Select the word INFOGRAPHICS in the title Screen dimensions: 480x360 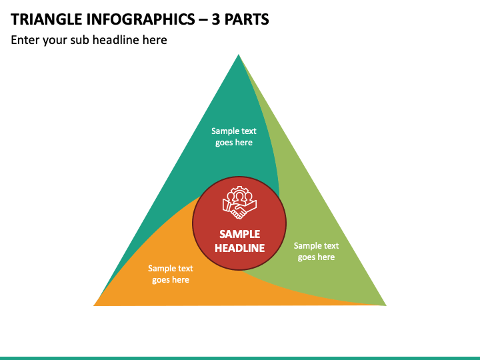coord(141,19)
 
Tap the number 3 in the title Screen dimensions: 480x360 coord(216,19)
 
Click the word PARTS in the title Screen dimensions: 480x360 coord(247,19)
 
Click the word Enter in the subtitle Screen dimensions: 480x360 coord(25,40)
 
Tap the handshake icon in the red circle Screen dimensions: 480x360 coord(240,203)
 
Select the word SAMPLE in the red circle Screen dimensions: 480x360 coord(240,234)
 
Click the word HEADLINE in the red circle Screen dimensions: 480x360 coord(240,248)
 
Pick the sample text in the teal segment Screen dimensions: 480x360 coord(234,137)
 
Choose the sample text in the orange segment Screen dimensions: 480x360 coord(171,274)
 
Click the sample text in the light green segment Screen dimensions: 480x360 coord(316,251)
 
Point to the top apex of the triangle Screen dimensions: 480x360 coord(239,55)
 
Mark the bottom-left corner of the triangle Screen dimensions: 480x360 coord(94,305)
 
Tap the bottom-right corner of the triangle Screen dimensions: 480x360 coord(386,305)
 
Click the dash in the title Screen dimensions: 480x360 coord(203,20)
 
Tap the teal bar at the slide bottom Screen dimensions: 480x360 coord(240,358)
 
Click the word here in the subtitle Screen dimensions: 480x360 coord(155,40)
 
